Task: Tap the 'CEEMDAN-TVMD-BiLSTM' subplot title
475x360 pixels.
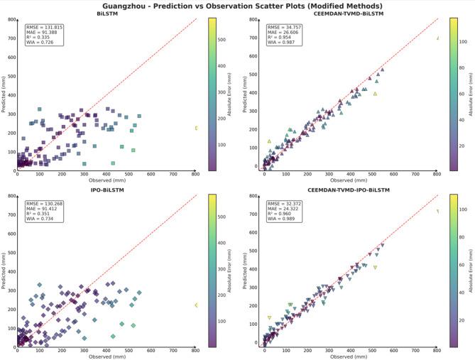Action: pos(349,13)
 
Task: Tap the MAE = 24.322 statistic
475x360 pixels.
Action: pos(283,208)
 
